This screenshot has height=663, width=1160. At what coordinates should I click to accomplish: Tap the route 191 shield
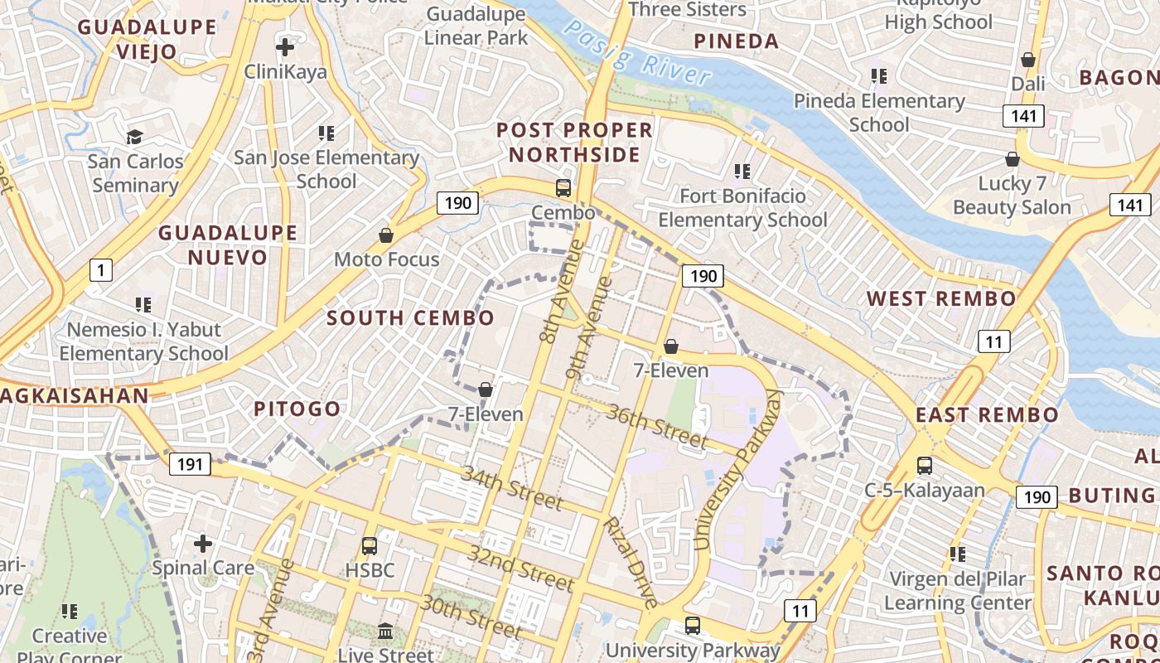[190, 464]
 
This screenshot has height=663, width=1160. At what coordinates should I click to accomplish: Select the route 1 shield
[100, 269]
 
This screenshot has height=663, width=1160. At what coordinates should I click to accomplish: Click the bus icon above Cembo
[563, 188]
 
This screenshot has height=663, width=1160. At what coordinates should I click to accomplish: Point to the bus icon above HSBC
[370, 546]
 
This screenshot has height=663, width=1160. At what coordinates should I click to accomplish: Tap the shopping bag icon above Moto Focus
[386, 236]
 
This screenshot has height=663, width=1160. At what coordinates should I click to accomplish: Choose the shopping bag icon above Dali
[1028, 60]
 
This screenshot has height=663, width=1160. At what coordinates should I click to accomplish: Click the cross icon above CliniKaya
[285, 47]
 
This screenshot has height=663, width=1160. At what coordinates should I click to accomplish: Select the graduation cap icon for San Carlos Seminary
[134, 137]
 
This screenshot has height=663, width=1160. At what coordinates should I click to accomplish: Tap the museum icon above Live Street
[385, 632]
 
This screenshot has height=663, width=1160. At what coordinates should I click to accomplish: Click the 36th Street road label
[657, 425]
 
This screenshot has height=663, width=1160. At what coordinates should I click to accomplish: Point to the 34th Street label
[512, 487]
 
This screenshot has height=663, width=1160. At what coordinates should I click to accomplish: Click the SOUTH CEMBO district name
[410, 317]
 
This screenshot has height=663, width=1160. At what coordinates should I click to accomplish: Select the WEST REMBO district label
[940, 298]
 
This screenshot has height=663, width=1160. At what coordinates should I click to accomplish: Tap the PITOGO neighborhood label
[297, 409]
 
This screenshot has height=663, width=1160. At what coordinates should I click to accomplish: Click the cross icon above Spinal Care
[203, 544]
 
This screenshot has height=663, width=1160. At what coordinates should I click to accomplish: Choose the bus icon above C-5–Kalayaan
[925, 466]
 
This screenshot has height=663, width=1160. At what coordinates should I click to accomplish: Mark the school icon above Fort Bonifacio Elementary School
[742, 172]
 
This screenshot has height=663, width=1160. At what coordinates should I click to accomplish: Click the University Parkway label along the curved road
[737, 471]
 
